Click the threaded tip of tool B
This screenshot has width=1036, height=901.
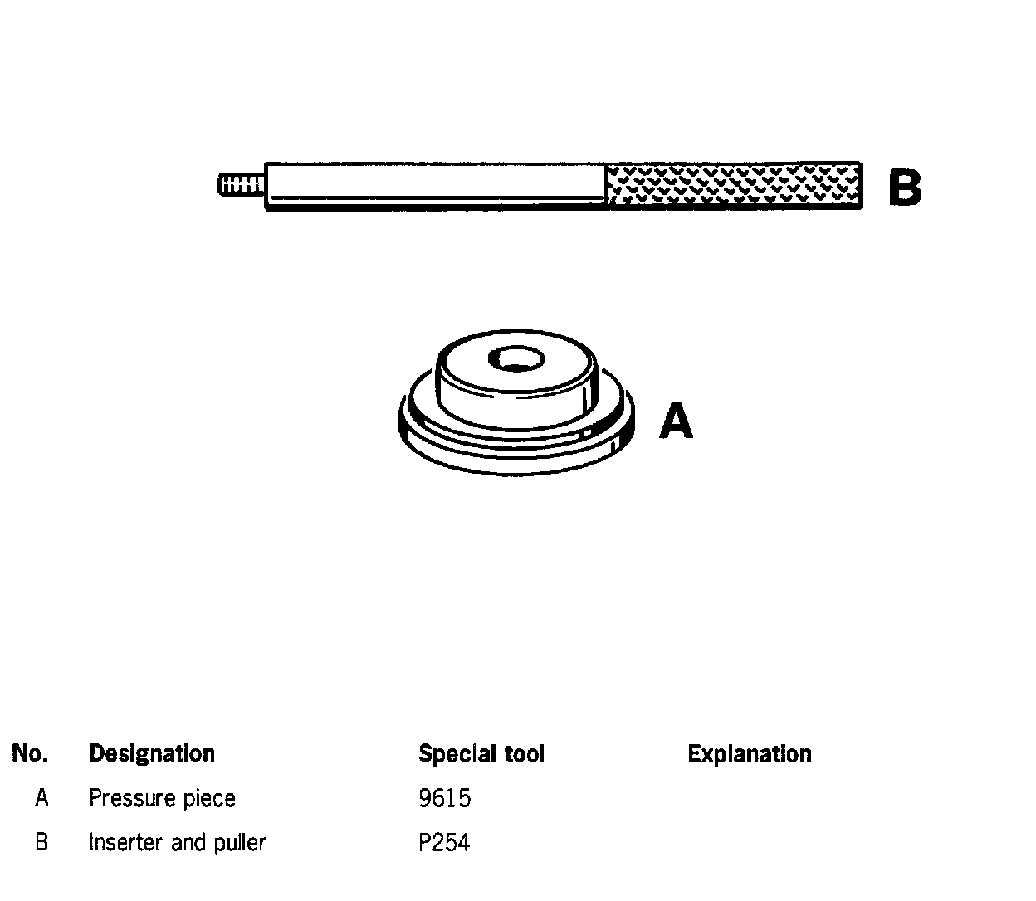click(241, 184)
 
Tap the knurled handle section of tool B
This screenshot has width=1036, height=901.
click(734, 186)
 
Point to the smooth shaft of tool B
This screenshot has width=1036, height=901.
click(435, 184)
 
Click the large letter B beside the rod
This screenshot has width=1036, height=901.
click(904, 188)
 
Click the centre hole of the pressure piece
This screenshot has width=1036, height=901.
click(516, 359)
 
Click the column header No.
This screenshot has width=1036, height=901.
click(30, 753)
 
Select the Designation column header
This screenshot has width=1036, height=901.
click(151, 753)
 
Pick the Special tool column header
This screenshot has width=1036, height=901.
click(481, 753)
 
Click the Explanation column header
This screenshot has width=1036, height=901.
click(749, 753)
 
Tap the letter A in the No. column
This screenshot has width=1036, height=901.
click(42, 798)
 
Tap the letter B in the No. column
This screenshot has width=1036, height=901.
click(42, 843)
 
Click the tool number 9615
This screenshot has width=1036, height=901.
click(444, 798)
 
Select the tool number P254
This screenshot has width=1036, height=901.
click(444, 843)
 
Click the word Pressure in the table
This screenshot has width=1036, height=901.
click(125, 798)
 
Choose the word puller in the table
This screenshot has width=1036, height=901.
click(239, 843)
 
